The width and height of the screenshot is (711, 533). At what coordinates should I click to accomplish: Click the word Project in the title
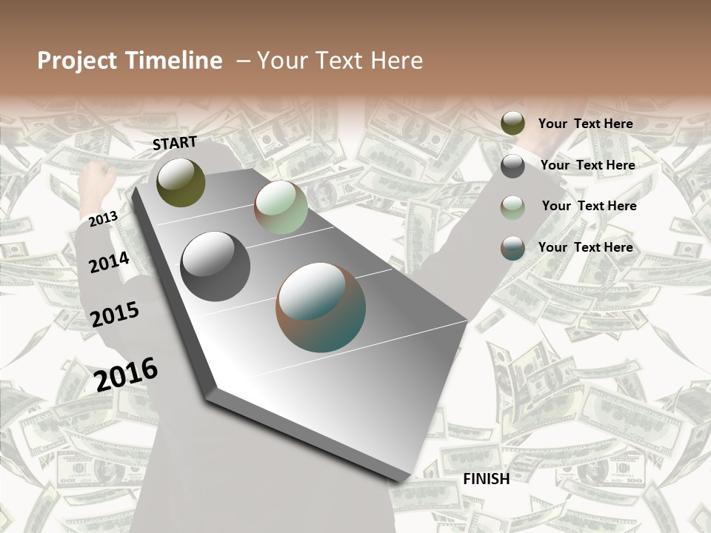click(x=78, y=61)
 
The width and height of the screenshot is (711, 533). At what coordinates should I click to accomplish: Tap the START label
click(x=175, y=143)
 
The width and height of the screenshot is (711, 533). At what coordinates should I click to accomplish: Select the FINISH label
click(x=487, y=479)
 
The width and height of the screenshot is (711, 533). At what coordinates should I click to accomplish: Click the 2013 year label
click(x=103, y=219)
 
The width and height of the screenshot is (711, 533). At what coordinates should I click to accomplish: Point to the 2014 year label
click(x=109, y=262)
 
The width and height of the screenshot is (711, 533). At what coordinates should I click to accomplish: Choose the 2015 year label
click(x=115, y=315)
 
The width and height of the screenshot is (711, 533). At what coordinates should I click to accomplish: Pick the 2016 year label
click(x=126, y=375)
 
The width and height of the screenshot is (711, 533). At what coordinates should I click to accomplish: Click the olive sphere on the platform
click(x=181, y=182)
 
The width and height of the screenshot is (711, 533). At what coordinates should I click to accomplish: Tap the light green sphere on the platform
click(x=281, y=208)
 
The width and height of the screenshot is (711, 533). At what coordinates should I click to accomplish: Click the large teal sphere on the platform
click(x=321, y=307)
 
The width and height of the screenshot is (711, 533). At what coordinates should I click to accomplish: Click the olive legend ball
click(x=513, y=124)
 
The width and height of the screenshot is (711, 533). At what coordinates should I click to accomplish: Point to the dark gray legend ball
click(x=513, y=166)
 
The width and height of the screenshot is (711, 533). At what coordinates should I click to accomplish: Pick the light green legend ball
click(x=513, y=207)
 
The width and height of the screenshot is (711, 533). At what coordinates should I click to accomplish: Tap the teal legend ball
click(x=513, y=248)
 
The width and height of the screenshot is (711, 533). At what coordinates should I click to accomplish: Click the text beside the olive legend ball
click(x=585, y=124)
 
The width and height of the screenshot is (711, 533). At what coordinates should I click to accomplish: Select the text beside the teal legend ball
click(x=585, y=247)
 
